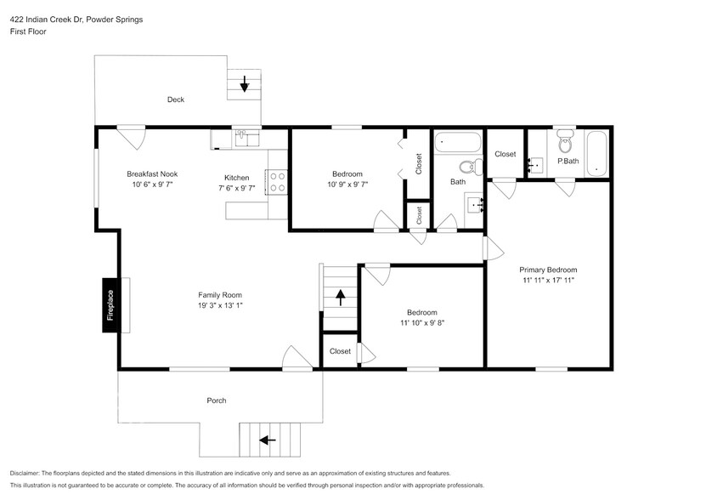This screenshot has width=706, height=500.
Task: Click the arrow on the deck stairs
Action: click(x=245, y=83)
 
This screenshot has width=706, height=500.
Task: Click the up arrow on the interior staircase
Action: click(x=340, y=298)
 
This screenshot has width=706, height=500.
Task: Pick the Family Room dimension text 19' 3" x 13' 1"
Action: click(x=221, y=305)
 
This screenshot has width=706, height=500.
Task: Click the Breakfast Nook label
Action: click(x=152, y=173)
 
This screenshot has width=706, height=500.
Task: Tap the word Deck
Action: click(x=175, y=99)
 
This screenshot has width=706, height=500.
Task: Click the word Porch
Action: click(x=217, y=401)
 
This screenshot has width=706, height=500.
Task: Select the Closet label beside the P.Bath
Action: click(x=505, y=154)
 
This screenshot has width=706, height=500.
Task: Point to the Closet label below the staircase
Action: click(x=340, y=351)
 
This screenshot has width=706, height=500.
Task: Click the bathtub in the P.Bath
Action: click(x=597, y=153)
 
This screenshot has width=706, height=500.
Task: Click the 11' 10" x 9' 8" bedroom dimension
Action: click(x=422, y=323)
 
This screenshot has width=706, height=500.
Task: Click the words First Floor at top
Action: click(x=29, y=31)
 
